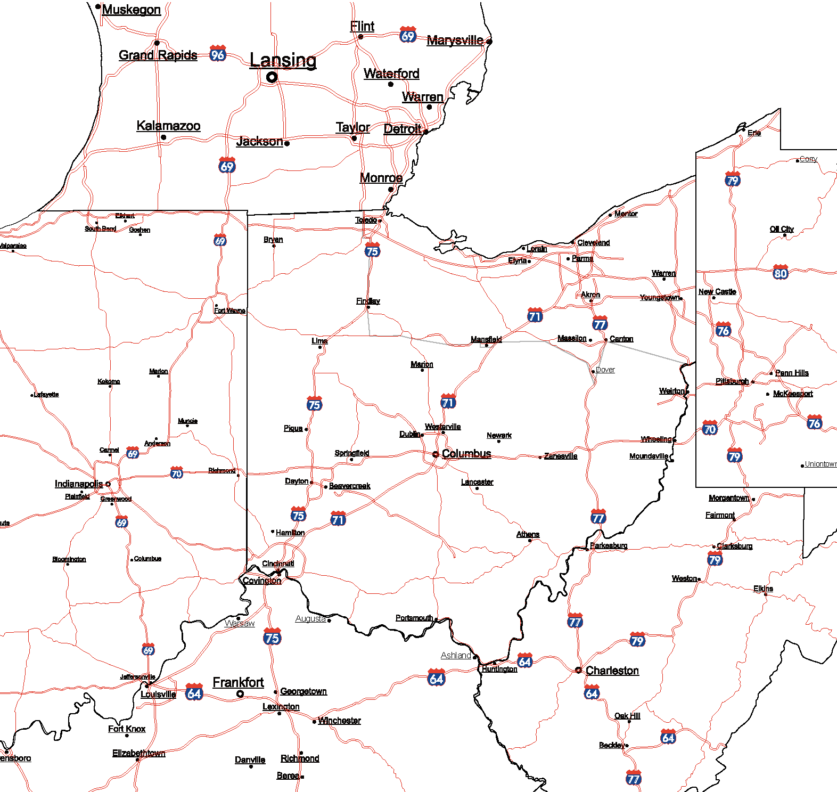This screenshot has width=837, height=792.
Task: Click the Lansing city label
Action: click(x=283, y=60)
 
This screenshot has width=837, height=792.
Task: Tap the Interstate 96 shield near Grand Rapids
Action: click(x=218, y=54)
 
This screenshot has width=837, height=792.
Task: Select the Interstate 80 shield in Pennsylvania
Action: click(x=780, y=273)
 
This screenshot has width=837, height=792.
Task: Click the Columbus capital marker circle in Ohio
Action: click(x=436, y=454)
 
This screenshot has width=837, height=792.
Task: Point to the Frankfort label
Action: click(x=238, y=682)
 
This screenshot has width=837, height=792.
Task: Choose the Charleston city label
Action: click(x=612, y=671)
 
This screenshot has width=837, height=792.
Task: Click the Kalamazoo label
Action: click(x=168, y=126)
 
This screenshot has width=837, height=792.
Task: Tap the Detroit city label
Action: click(x=403, y=129)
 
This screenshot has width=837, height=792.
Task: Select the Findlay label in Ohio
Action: click(x=368, y=301)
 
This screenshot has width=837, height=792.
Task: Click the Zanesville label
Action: click(x=560, y=456)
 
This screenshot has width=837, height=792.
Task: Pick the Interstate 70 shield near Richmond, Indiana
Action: click(x=177, y=473)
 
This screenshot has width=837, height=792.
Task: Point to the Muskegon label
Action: click(x=131, y=10)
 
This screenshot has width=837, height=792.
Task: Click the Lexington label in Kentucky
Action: click(x=281, y=706)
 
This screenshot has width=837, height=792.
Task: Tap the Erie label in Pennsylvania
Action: click(x=754, y=133)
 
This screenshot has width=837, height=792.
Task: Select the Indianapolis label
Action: click(x=79, y=484)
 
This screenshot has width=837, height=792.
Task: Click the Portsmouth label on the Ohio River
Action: click(x=414, y=618)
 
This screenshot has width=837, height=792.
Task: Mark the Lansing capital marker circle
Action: click(x=272, y=77)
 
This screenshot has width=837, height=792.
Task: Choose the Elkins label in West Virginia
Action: click(x=763, y=589)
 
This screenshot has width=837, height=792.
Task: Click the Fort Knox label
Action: click(x=127, y=729)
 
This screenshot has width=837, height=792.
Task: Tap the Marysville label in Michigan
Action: click(x=455, y=40)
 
